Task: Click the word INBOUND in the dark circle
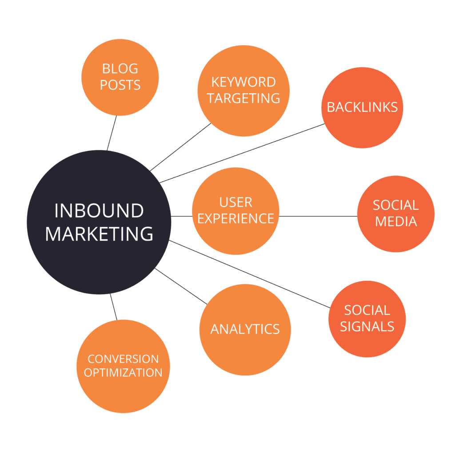(x=99, y=211)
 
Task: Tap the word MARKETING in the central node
(x=99, y=234)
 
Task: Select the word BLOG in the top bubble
(x=120, y=69)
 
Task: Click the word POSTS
(x=120, y=85)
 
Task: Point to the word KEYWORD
(x=243, y=82)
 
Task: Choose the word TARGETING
(x=243, y=98)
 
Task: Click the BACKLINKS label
(x=362, y=107)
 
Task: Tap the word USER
(x=235, y=202)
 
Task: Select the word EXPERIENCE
(x=235, y=219)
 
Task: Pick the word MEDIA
(x=396, y=221)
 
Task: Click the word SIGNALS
(x=367, y=327)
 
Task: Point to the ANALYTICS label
(x=245, y=329)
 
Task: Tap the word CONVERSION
(x=123, y=359)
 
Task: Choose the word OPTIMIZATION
(x=123, y=372)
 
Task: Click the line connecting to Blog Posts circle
(x=112, y=133)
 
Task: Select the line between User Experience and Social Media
(x=318, y=217)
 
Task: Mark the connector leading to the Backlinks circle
(x=242, y=153)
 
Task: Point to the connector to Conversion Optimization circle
(x=114, y=307)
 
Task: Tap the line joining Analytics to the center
(x=181, y=286)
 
